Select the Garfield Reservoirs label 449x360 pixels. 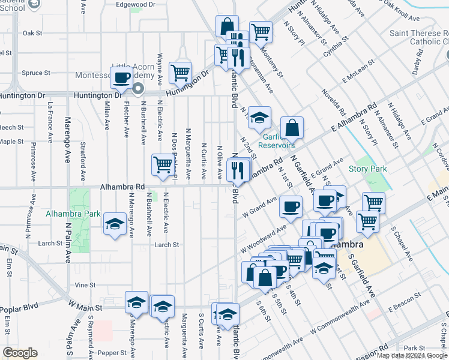pos(277,145)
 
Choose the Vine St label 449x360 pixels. pos(85,285)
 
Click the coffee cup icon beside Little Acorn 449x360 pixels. pos(122,77)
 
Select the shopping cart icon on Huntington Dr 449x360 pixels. pos(180,73)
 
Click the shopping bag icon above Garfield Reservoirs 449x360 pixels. pos(292,127)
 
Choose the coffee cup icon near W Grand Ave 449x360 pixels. pos(291,208)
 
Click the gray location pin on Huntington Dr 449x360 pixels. pos(138,90)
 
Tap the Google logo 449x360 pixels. pos(20,353)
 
